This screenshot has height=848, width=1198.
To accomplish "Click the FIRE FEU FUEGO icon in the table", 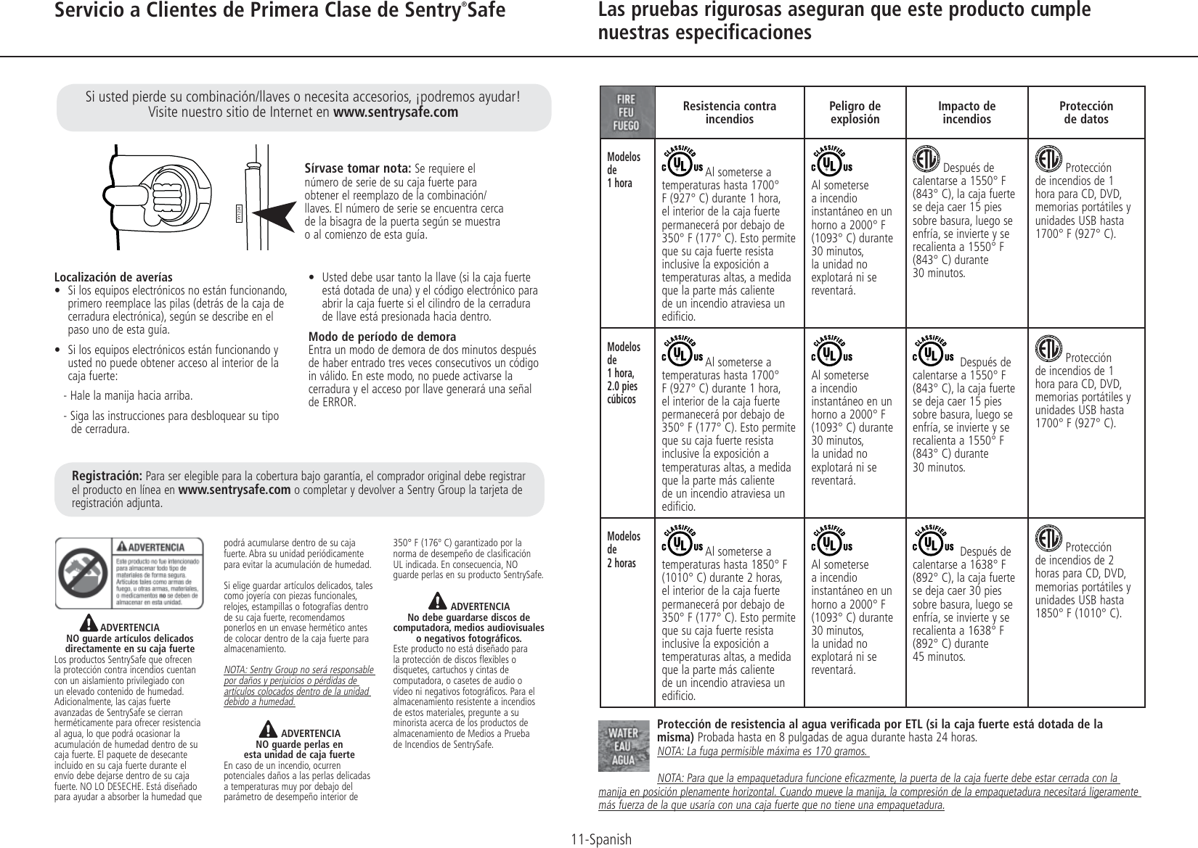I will [x=627, y=113].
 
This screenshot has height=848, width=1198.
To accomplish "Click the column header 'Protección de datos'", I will [x=1087, y=112].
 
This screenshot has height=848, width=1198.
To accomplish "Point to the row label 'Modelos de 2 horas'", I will [x=624, y=550].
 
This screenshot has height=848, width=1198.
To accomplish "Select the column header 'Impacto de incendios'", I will [x=966, y=112].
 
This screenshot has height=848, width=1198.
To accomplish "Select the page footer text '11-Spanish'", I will [x=600, y=839].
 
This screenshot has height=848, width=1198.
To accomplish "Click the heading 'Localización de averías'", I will [x=113, y=277].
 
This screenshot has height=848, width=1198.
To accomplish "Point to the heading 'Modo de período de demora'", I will [x=382, y=337].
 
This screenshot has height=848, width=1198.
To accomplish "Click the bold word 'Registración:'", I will [x=107, y=476].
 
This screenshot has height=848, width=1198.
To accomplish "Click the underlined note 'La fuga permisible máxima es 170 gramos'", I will [x=762, y=751].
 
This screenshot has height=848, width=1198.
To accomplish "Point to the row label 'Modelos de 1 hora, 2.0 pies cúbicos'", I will [x=624, y=373].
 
